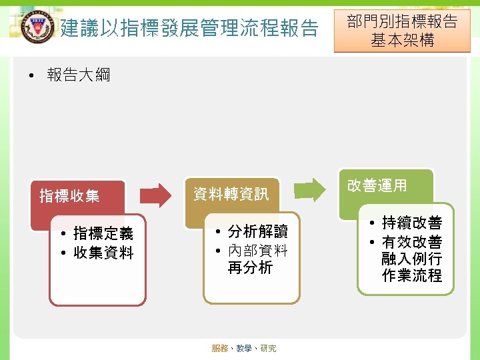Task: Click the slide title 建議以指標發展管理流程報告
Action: coord(189,28)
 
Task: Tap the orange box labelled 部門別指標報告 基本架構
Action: coord(402,31)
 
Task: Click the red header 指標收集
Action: coord(69,196)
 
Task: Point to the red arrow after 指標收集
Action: coord(157,195)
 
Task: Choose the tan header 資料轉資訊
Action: coord(231,194)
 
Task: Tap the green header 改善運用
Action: coord(377,185)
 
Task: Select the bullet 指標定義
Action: coord(103,233)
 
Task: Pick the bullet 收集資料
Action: coord(103,253)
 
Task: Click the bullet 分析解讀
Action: coord(257,231)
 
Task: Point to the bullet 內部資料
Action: coord(257,251)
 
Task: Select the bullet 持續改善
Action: coord(411,223)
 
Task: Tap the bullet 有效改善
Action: coord(411,242)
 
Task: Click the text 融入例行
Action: coord(411,259)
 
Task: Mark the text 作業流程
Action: coord(411,275)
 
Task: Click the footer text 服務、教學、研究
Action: coord(244,349)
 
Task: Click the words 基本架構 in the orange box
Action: coord(403,40)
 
